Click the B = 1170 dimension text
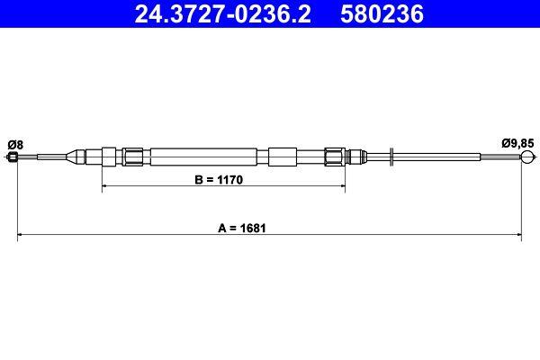point(220,180)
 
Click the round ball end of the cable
point(526,157)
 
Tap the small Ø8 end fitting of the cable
point(13,157)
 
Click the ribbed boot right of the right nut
point(355,157)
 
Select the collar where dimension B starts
point(108,157)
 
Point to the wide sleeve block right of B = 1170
point(282,157)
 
